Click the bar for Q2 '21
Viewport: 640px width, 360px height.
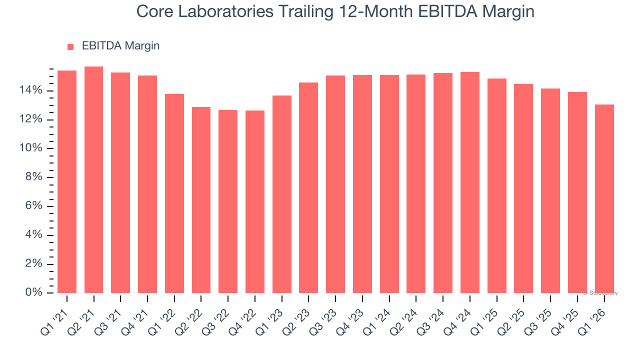(x=93, y=180)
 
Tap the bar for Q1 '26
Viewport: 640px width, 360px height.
(x=604, y=198)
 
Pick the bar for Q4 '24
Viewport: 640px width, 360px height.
(x=469, y=182)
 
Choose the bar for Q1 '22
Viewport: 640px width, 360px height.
(x=174, y=193)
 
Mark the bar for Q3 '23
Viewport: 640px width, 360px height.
(x=335, y=184)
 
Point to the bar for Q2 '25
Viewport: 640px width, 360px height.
(x=523, y=188)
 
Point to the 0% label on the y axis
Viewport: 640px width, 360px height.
(x=34, y=292)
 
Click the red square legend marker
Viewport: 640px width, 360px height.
(x=70, y=46)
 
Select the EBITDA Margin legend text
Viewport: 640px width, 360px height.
(x=120, y=46)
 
